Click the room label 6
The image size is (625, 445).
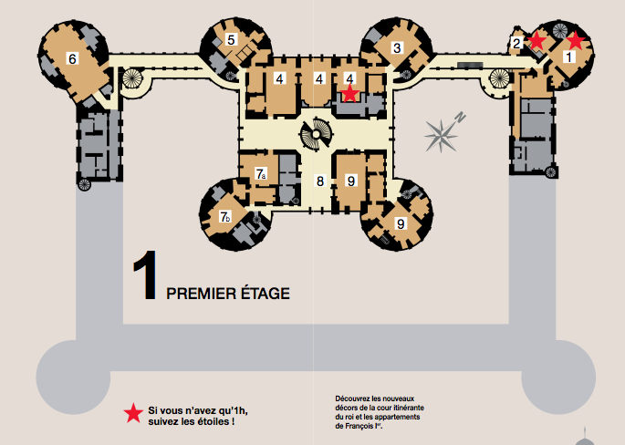[x=72, y=59]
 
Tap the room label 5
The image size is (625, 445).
[x=231, y=39]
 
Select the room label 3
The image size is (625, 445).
[x=397, y=47]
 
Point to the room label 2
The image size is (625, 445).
[x=516, y=43]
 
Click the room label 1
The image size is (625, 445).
[x=569, y=57]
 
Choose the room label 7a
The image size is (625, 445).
[x=261, y=173]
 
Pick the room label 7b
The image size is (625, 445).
[x=225, y=217]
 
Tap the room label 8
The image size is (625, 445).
[x=320, y=181]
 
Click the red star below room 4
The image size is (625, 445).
[x=350, y=93]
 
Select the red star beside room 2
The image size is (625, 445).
[x=536, y=40]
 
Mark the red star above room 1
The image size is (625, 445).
[x=576, y=40]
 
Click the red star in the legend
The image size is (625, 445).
[x=133, y=413]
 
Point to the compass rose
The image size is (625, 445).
[x=443, y=133]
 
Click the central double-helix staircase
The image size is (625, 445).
[x=316, y=135]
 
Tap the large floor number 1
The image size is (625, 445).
[x=146, y=274]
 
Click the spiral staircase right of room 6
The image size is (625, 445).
[x=131, y=78]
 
